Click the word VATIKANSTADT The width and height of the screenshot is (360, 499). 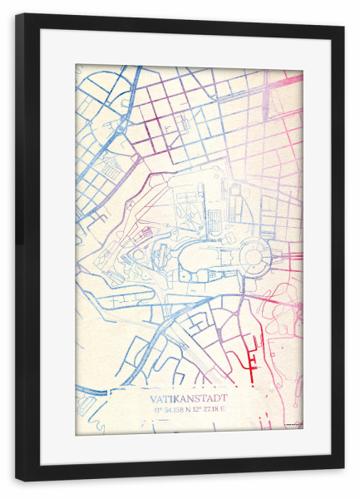pos(189,398)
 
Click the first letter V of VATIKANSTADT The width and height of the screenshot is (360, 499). pos(155,398)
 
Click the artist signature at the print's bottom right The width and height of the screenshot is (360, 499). pos(293,425)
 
